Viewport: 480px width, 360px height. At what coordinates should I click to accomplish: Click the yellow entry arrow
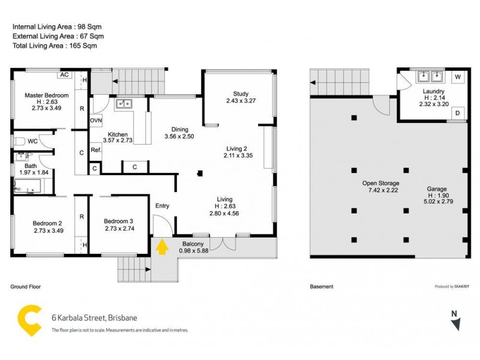pyautogui.click(x=161, y=247)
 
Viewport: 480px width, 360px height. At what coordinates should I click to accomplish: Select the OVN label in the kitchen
pyautogui.click(x=96, y=121)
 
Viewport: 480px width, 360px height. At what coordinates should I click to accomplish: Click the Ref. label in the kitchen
pyautogui.click(x=95, y=150)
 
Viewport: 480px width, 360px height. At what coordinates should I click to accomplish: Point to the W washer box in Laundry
pyautogui.click(x=457, y=77)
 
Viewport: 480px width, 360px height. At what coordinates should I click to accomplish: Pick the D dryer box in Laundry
pyautogui.click(x=457, y=112)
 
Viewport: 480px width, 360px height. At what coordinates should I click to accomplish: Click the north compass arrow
pyautogui.click(x=456, y=320)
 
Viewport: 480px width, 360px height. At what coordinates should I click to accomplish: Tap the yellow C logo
pyautogui.click(x=29, y=320)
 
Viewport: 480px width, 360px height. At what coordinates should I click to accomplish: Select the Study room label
pyautogui.click(x=241, y=93)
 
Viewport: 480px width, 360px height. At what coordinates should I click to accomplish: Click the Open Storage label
pyautogui.click(x=380, y=183)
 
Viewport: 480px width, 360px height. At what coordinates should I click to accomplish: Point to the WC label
pyautogui.click(x=33, y=142)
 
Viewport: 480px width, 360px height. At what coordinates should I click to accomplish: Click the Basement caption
pyautogui.click(x=321, y=287)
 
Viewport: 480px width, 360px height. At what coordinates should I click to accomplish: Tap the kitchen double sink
pyautogui.click(x=124, y=104)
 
